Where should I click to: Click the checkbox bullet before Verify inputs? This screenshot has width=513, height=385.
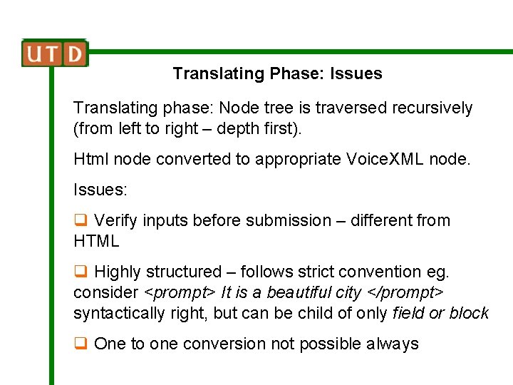coord(81,221)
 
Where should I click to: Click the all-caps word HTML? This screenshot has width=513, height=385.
coord(96,242)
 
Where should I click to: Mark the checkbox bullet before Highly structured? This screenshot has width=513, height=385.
coord(81,272)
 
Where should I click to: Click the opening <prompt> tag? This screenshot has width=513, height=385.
coord(180,293)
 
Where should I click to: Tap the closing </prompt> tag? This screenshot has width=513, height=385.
coord(414,293)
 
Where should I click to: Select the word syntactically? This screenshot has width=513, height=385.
coord(118,314)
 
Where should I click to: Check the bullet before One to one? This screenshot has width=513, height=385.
coord(81,344)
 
